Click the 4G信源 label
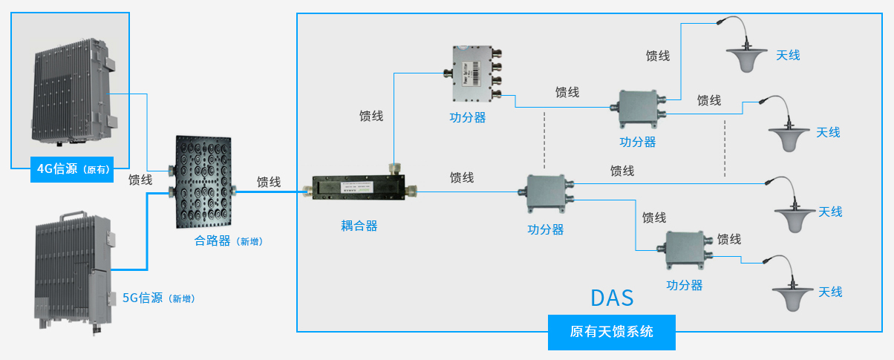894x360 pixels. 73,169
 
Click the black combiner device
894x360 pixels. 202,183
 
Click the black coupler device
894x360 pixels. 357,190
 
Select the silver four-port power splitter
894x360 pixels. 472,75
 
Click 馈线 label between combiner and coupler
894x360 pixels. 269,182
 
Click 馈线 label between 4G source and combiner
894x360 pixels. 140,180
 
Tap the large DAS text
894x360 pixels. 612,298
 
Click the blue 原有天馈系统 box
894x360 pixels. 612,332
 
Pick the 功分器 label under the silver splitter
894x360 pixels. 468,117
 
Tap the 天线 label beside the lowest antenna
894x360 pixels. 830,292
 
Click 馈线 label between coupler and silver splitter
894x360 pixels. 371,116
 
